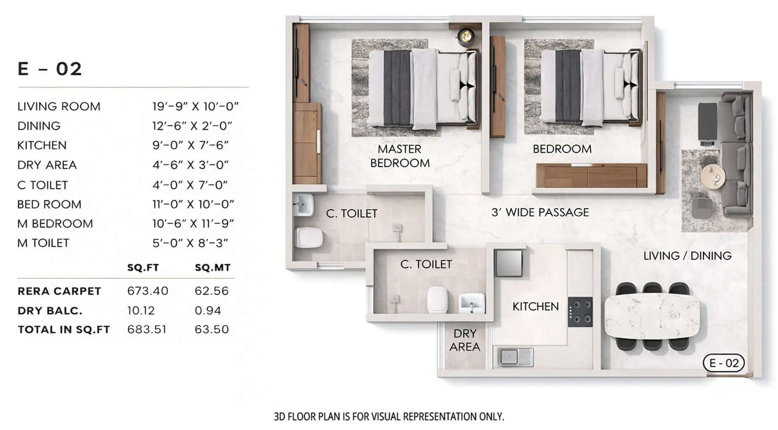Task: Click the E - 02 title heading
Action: click(50, 69)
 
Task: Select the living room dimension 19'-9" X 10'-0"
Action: click(195, 106)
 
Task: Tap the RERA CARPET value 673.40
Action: click(148, 291)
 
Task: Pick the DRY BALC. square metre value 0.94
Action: click(208, 310)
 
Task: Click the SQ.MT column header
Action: click(213, 267)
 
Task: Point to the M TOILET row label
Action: click(43, 243)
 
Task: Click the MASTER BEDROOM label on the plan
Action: click(399, 156)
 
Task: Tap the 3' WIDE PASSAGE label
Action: click(540, 212)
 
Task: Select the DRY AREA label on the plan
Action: click(464, 340)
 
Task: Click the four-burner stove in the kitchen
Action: click(580, 312)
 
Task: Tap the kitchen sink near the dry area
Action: click(515, 357)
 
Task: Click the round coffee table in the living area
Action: click(712, 175)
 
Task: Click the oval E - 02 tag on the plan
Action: click(723, 363)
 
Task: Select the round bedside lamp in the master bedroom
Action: click(466, 36)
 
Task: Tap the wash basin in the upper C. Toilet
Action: click(303, 205)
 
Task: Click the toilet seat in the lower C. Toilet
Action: click(437, 299)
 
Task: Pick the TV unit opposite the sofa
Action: click(707, 123)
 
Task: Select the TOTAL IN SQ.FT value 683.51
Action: click(147, 329)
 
